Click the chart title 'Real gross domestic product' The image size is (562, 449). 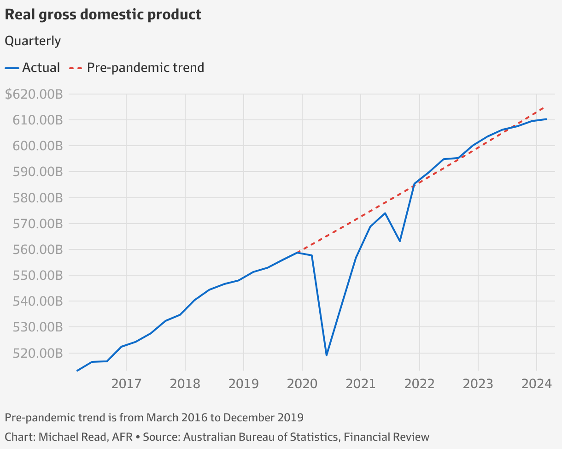[103, 15]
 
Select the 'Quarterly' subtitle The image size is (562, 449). [33, 41]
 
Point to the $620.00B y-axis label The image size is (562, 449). [34, 95]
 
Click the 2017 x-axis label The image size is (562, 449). [126, 384]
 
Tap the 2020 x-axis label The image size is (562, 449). [302, 384]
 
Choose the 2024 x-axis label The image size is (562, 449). [536, 384]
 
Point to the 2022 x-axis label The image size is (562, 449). [419, 384]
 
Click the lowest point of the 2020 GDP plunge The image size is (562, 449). [326, 355]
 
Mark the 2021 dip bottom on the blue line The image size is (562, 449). [400, 241]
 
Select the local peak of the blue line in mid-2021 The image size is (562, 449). [385, 213]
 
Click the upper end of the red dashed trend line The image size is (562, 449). [545, 107]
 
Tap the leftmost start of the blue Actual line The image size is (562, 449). [77, 371]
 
